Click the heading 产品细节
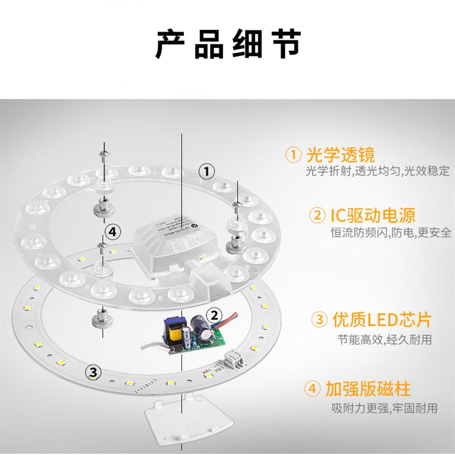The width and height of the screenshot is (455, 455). click(227, 44)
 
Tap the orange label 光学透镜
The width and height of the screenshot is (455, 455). click(340, 154)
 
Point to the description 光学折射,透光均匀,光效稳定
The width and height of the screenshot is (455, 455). click(377, 171)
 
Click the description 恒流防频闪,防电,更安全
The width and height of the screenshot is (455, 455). click(391, 233)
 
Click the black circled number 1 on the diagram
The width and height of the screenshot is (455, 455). click(207, 170)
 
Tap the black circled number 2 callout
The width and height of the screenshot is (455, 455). click(214, 315)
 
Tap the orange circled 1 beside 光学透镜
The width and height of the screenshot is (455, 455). click(293, 155)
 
